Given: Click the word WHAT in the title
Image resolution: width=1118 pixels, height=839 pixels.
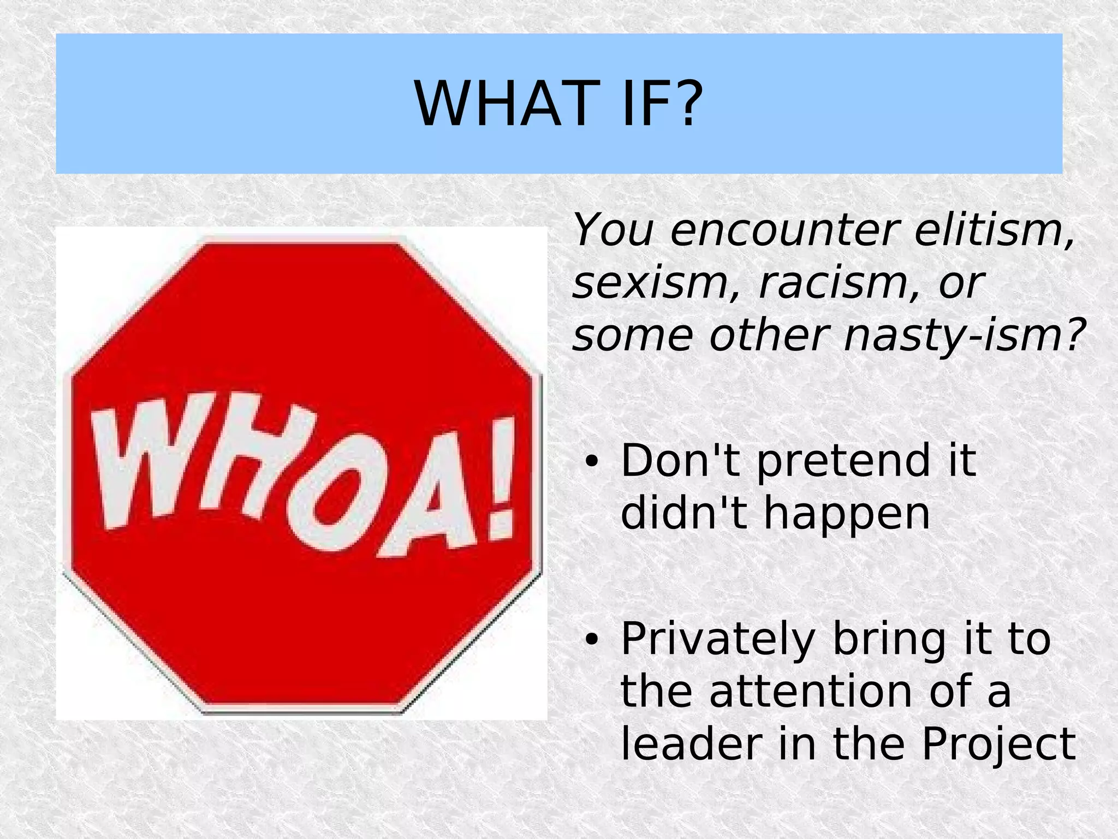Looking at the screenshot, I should click(503, 104).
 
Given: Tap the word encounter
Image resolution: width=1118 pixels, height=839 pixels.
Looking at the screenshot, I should click(783, 230).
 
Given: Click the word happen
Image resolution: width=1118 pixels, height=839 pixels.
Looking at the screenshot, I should click(846, 514).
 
